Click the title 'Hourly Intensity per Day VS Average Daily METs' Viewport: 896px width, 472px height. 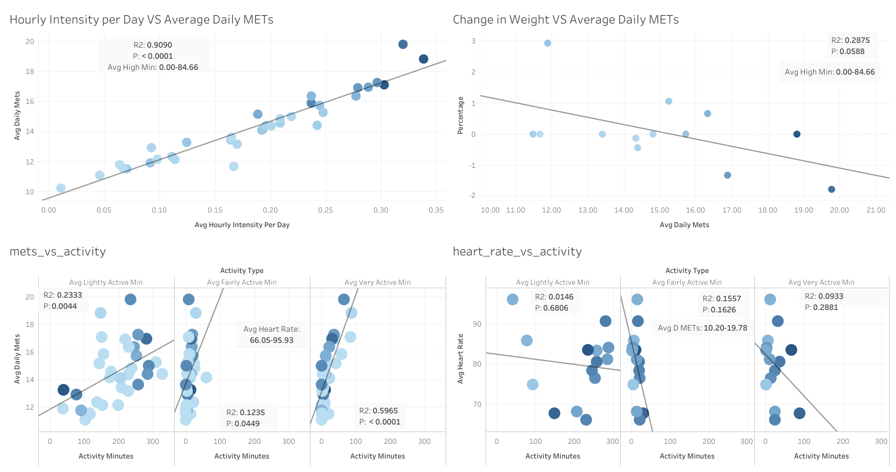click(141, 20)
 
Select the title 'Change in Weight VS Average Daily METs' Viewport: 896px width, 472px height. click(566, 20)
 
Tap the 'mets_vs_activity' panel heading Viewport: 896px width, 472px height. click(58, 252)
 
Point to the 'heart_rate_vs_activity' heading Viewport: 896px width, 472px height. click(517, 252)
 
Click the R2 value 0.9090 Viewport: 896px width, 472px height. click(161, 45)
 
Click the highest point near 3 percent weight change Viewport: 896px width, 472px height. click(547, 43)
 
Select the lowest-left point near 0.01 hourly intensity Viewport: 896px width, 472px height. click(61, 188)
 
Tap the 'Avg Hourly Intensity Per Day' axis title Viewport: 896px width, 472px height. click(242, 225)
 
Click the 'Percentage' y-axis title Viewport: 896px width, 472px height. click(460, 116)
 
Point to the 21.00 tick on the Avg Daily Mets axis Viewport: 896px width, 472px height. click(876, 210)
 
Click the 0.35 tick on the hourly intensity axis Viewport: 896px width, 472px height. click(436, 210)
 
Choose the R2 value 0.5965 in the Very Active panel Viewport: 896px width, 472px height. click(386, 411)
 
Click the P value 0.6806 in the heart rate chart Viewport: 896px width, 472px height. click(556, 308)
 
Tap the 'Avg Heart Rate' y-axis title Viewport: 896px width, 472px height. click(460, 359)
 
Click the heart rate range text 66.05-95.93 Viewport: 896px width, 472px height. click(272, 340)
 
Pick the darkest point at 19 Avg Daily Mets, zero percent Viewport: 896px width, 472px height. click(797, 134)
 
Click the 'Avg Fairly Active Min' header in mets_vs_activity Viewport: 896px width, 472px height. click(242, 282)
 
